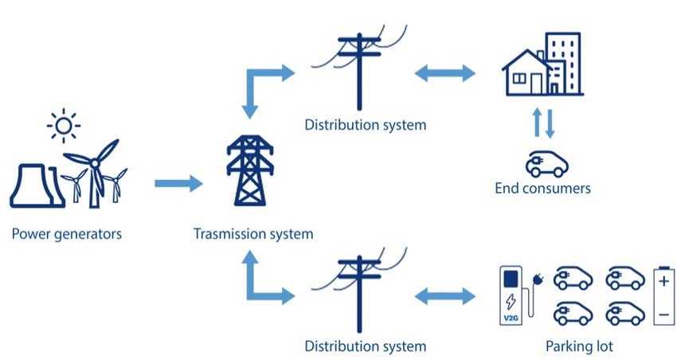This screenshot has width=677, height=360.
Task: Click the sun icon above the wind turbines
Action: coord(62,125)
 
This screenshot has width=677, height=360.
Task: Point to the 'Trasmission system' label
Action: coord(252,234)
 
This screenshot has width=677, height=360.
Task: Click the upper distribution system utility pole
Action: coord(358,72)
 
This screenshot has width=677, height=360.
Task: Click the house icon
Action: coord(526,73)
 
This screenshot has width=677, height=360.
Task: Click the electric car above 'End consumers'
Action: coord(546,164)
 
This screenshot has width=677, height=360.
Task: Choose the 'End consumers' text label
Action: coord(542,189)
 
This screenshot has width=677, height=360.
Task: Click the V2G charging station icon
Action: coord(510,295)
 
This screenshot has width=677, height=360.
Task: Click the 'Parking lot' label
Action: coord(579,346)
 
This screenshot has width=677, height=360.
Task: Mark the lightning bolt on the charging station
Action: coord(511,301)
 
